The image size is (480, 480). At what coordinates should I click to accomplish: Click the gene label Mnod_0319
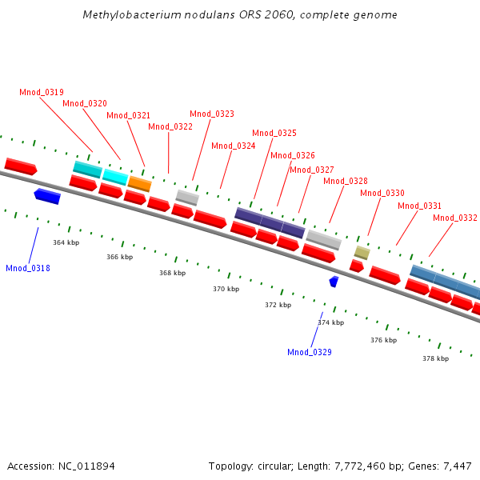click(x=42, y=92)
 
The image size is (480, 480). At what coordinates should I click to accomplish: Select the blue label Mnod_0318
click(x=28, y=268)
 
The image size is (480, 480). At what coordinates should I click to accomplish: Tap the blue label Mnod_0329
click(x=310, y=352)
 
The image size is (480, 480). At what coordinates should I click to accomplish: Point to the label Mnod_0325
click(x=274, y=133)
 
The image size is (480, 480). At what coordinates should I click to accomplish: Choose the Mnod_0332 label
click(x=455, y=218)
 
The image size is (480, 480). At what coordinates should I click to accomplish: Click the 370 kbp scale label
click(x=226, y=289)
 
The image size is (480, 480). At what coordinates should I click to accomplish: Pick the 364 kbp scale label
click(x=66, y=242)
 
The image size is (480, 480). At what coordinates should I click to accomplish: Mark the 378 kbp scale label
click(x=435, y=358)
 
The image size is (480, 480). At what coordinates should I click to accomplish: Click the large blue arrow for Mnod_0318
click(x=47, y=196)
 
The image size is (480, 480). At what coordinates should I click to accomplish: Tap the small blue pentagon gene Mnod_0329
click(x=334, y=282)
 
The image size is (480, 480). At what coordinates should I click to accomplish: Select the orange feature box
click(x=140, y=184)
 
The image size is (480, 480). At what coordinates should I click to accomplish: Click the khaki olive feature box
click(x=362, y=253)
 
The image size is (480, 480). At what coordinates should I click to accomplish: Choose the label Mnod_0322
click(x=170, y=126)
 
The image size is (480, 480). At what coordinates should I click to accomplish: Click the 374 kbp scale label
click(x=330, y=322)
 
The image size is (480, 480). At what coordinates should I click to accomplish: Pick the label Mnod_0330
click(x=382, y=193)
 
